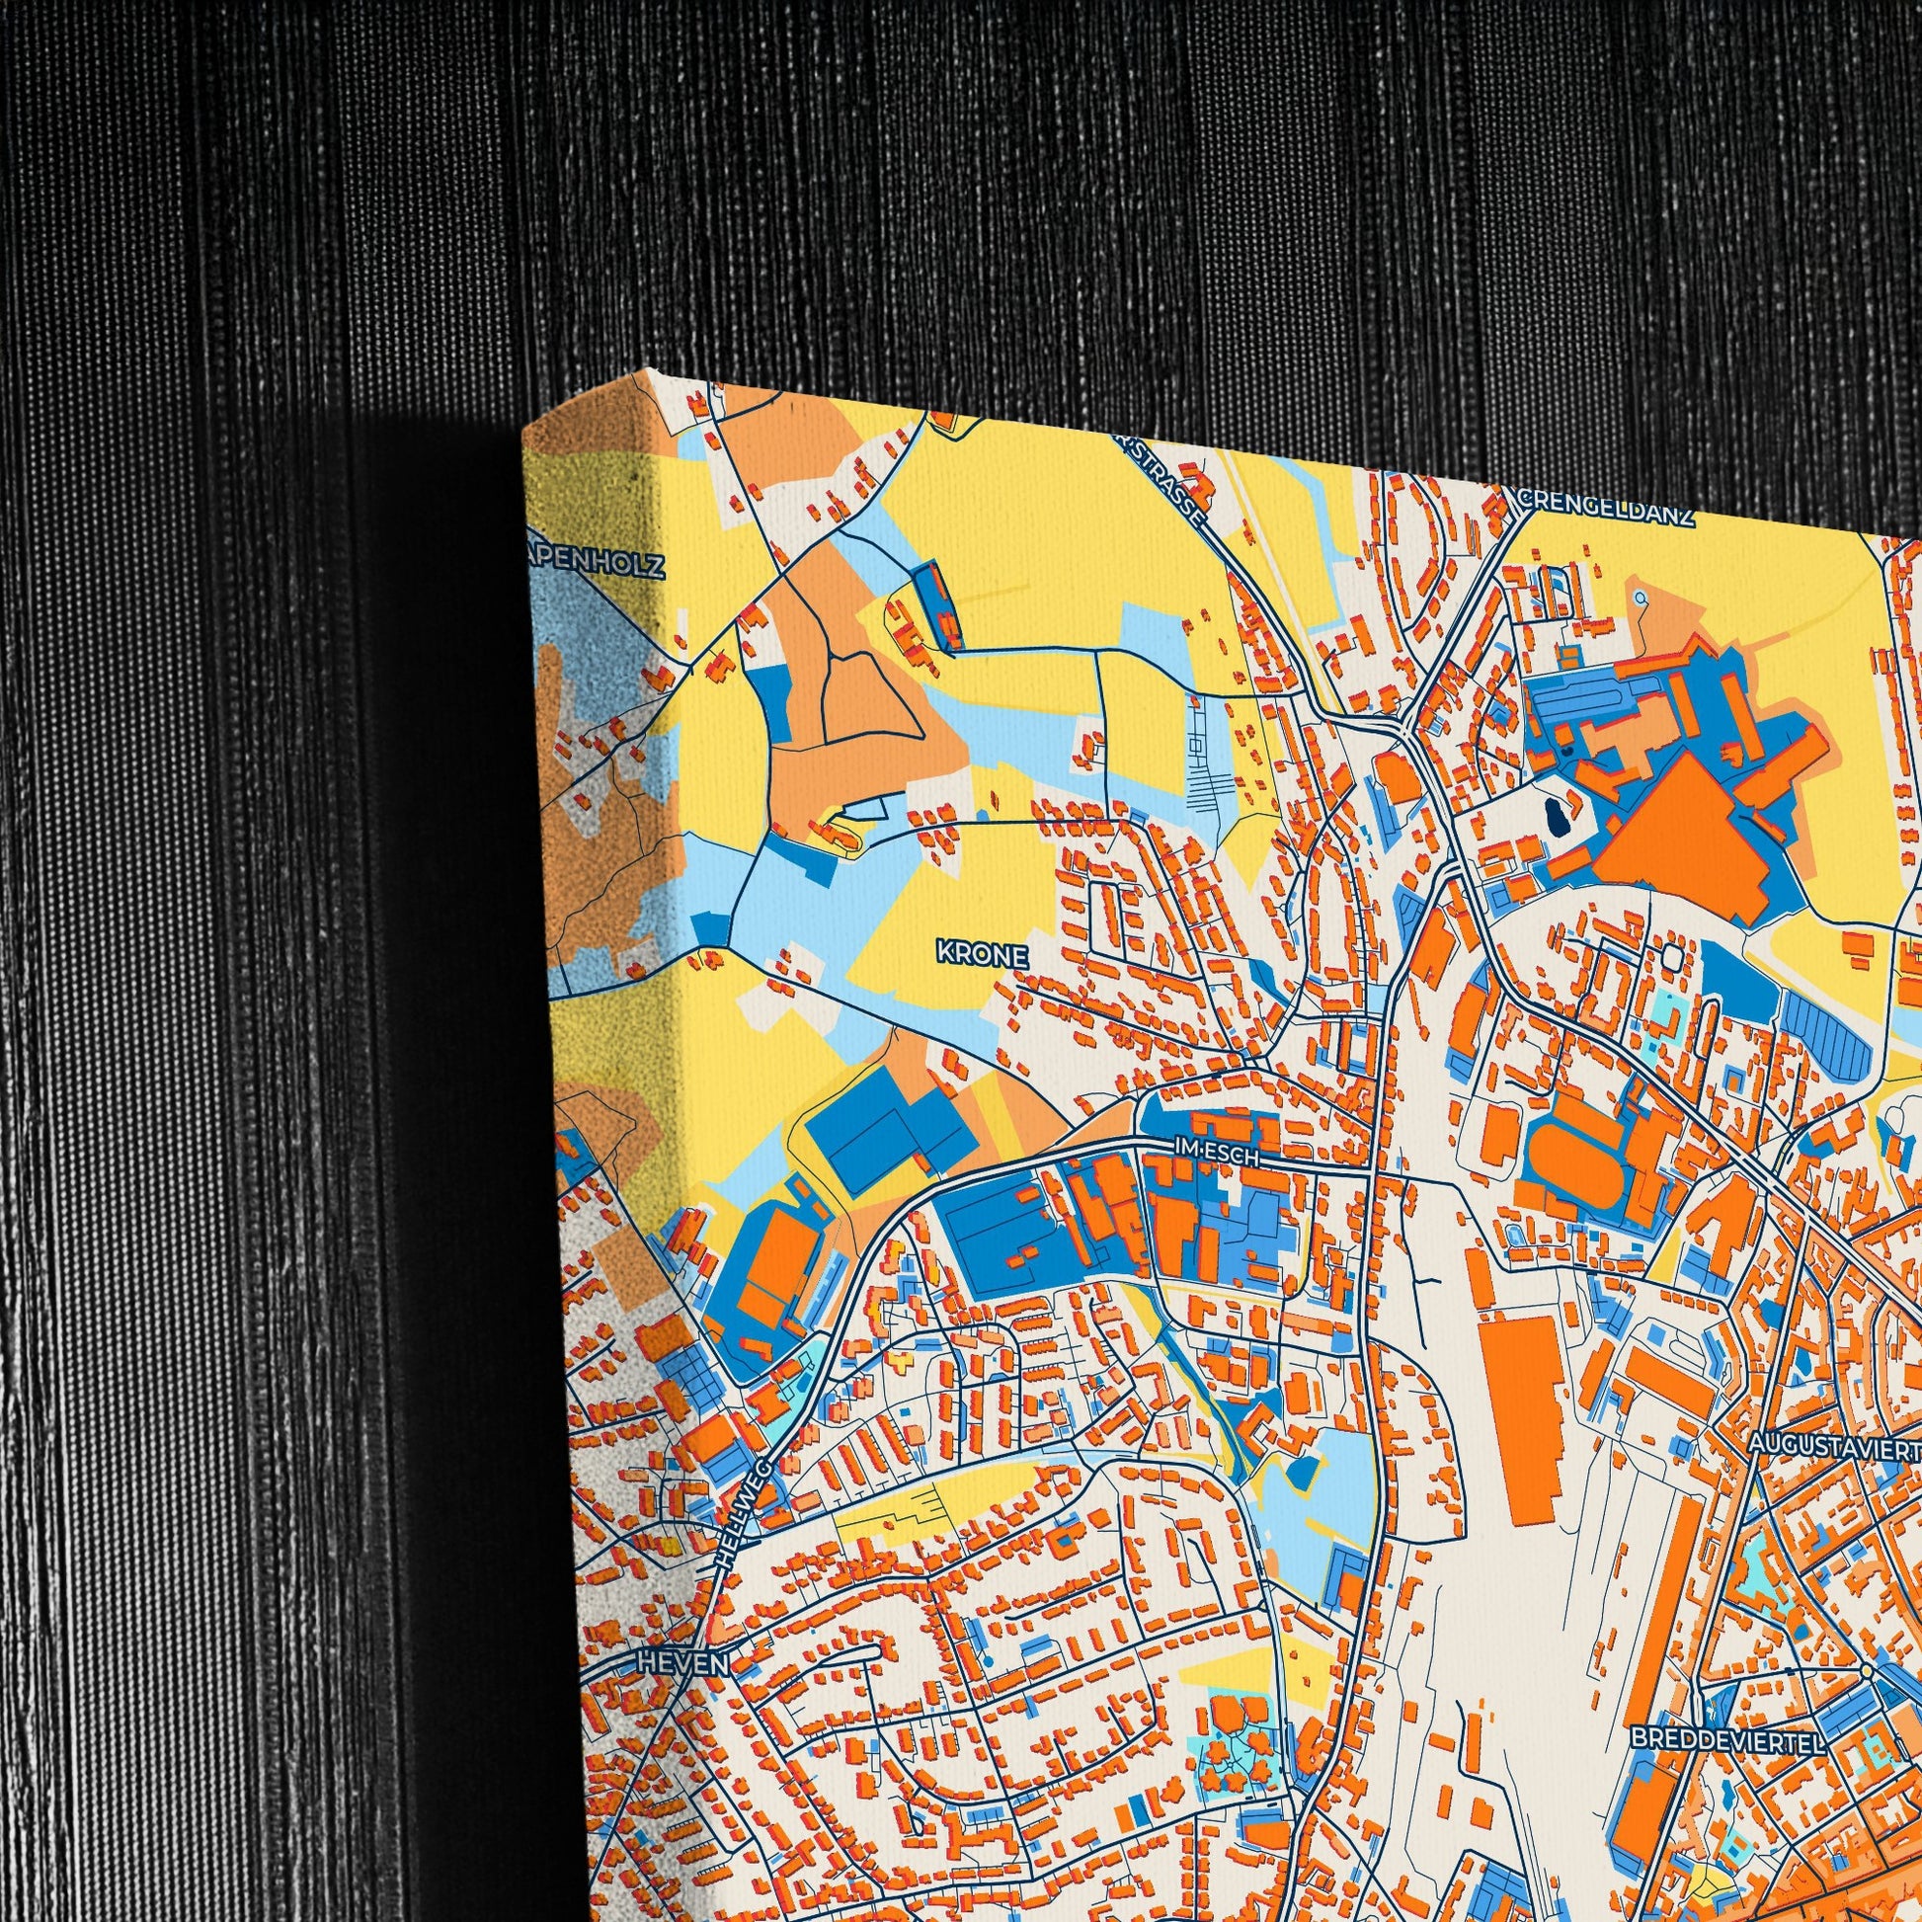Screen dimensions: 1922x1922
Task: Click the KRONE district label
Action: click(981, 952)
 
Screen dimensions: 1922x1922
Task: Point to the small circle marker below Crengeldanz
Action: click(1638, 597)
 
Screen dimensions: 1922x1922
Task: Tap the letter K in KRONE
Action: click(943, 952)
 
